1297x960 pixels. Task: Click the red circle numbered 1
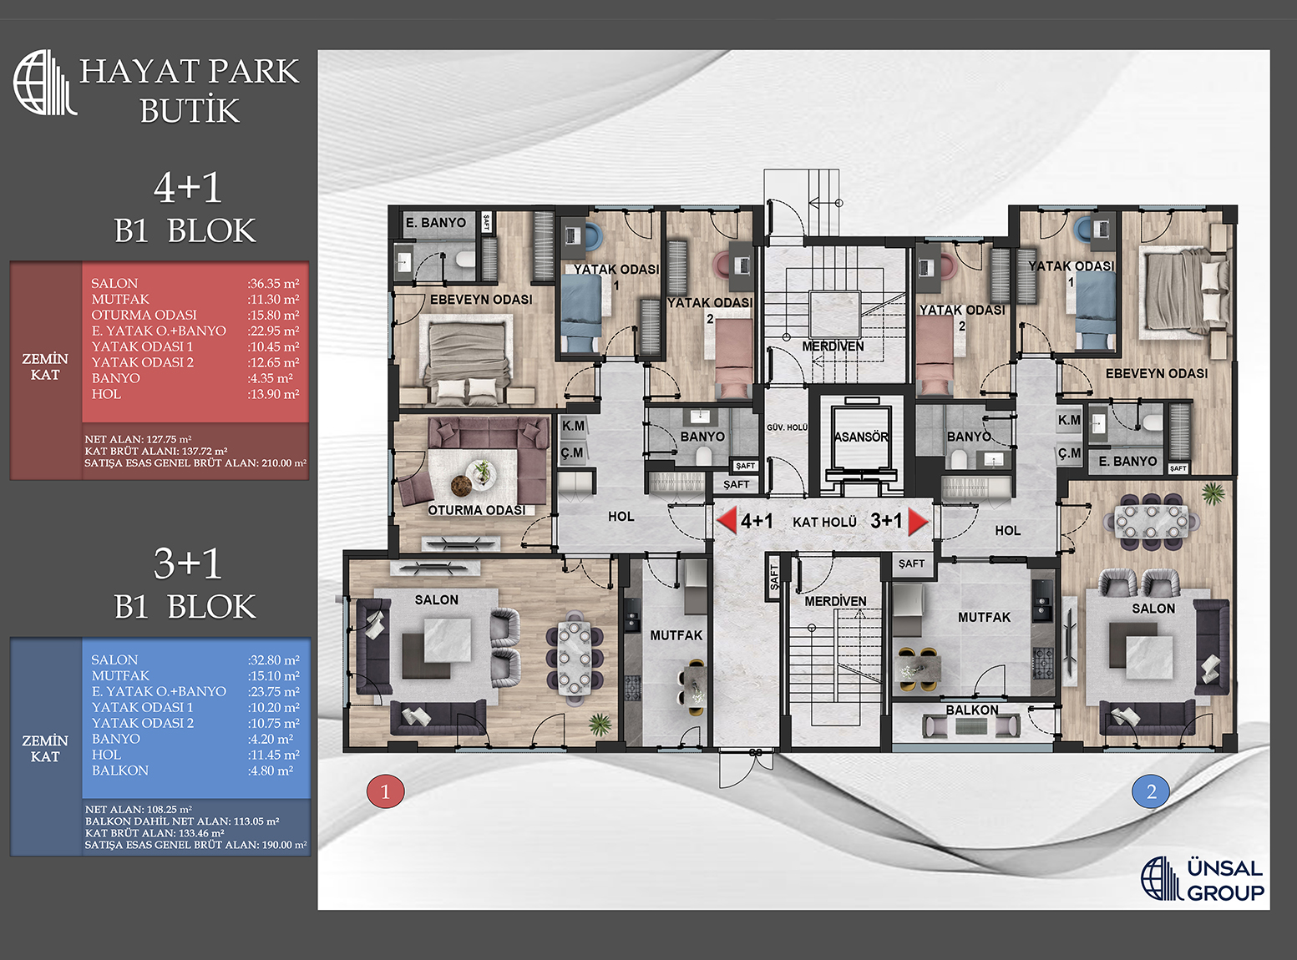tap(385, 791)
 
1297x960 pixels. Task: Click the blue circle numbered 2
tap(1151, 791)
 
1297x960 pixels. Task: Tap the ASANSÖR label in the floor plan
tap(861, 437)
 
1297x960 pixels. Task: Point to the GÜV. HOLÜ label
tap(787, 427)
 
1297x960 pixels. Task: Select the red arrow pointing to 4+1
tap(727, 520)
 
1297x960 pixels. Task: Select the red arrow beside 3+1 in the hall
tap(918, 522)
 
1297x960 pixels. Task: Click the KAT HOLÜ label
tap(824, 522)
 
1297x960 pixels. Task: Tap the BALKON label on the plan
tap(972, 710)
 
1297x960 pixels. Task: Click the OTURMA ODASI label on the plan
tap(477, 510)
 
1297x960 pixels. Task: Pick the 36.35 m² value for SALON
tap(273, 284)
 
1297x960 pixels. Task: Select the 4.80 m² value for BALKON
tap(270, 771)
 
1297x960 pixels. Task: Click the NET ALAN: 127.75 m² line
tap(138, 439)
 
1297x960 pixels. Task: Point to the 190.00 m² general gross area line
tap(196, 845)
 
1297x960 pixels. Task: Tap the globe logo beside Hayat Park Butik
tap(44, 83)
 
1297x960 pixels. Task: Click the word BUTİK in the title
tap(190, 110)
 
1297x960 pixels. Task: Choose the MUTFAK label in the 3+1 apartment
tap(984, 618)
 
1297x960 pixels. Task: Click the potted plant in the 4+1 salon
tap(600, 724)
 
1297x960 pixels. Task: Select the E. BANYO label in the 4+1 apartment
tap(436, 223)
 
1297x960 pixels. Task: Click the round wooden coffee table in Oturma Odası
tap(461, 485)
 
